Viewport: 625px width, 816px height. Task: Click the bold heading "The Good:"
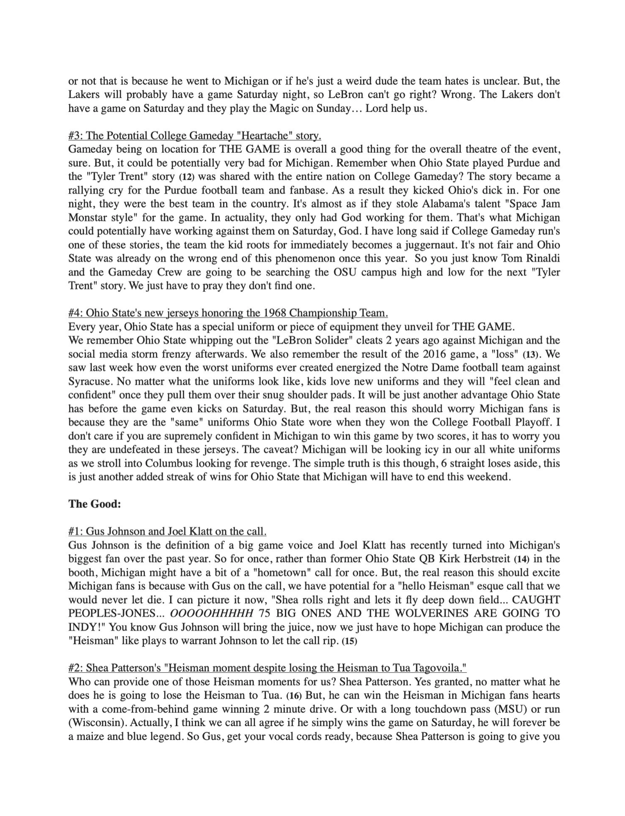pyautogui.click(x=94, y=504)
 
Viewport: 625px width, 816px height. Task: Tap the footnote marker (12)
pyautogui.click(x=186, y=177)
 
